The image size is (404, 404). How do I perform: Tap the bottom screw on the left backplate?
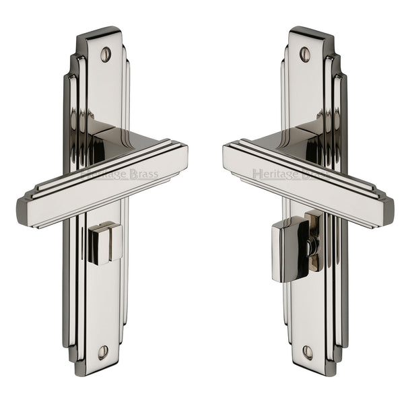(x=103, y=351)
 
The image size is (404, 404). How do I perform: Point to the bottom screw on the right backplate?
(x=307, y=351)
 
